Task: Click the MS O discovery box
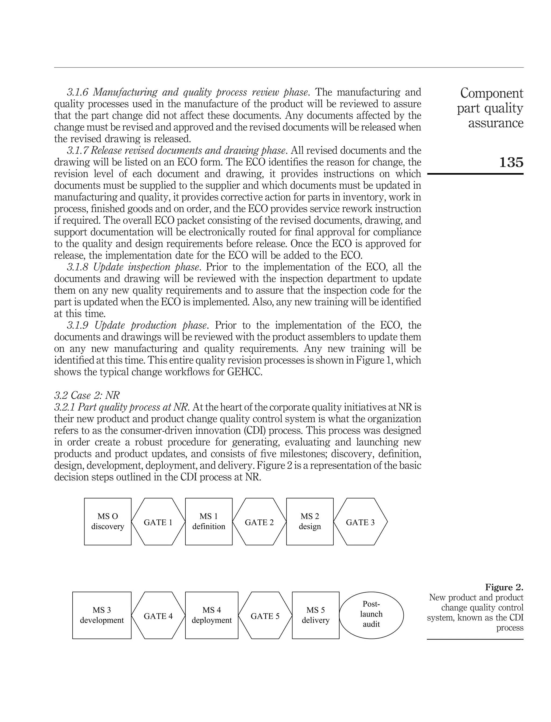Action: [108, 522]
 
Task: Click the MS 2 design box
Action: [310, 522]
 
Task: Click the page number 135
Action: [511, 162]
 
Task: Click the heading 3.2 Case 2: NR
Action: [87, 395]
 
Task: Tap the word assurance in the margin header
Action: [496, 123]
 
